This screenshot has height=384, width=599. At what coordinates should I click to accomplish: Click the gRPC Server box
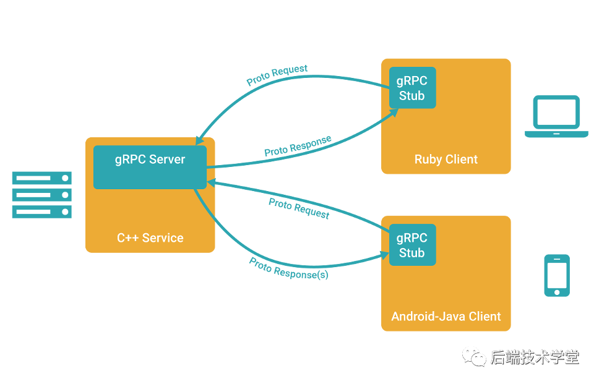tap(150, 167)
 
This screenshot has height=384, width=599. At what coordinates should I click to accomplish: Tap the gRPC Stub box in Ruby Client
tap(412, 88)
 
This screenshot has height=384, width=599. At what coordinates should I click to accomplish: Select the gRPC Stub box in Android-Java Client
tap(412, 245)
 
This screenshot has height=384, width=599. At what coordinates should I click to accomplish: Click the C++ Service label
tap(150, 237)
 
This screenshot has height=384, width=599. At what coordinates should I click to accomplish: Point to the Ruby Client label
tap(446, 160)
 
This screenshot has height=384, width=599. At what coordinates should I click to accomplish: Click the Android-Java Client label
tap(446, 317)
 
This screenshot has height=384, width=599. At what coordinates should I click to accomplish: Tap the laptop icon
tap(556, 116)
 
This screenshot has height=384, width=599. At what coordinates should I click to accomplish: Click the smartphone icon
tap(557, 275)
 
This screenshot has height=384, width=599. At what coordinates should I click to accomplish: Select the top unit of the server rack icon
tap(42, 179)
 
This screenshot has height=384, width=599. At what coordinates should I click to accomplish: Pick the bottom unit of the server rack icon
tap(42, 212)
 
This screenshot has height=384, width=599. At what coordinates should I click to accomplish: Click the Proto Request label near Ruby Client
tap(277, 75)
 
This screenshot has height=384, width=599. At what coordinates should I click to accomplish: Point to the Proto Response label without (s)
tap(298, 146)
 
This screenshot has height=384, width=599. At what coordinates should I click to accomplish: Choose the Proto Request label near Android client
tap(299, 209)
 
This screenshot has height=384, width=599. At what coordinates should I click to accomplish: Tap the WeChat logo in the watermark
tap(475, 356)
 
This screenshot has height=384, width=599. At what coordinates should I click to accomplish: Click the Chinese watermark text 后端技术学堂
tap(535, 357)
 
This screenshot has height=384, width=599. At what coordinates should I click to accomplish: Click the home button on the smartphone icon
tap(557, 291)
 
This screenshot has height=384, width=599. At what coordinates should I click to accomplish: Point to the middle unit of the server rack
tap(42, 195)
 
